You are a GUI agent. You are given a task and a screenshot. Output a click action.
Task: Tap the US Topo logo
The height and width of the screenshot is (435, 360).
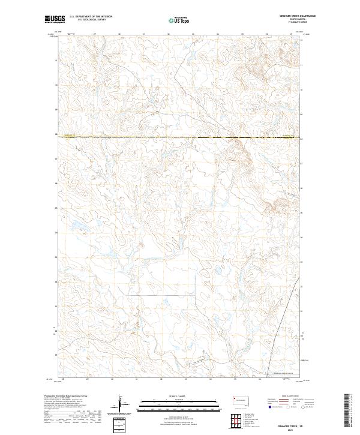click(x=179, y=20)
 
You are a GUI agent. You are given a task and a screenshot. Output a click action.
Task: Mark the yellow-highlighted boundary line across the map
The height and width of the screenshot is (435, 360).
click(x=180, y=138)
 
